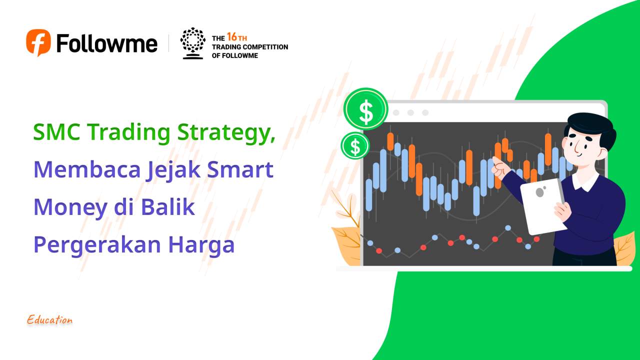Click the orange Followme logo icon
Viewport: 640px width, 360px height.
point(38,42)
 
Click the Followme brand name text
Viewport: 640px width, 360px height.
point(107,43)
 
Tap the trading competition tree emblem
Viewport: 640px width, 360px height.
point(192,43)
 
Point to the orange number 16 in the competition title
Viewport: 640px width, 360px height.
point(231,37)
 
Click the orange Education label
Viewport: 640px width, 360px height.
point(50,320)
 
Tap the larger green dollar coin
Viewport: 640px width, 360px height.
point(366,109)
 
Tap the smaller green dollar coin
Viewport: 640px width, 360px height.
point(355,146)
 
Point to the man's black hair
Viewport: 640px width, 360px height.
point(590,127)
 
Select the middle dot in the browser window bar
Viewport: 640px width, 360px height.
point(410,112)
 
